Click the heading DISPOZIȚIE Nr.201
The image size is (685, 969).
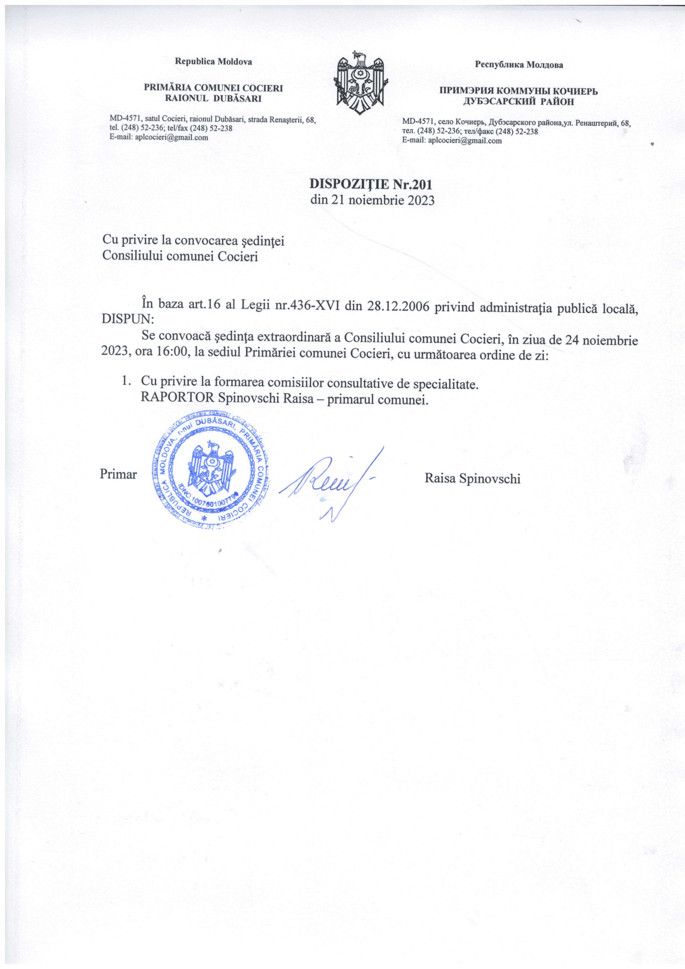pos(371,184)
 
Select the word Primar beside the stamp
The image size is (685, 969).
pos(118,474)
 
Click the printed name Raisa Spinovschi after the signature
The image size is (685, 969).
pos(473,478)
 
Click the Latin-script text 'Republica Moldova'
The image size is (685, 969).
pos(213,62)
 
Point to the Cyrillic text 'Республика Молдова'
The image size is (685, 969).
pos(519,65)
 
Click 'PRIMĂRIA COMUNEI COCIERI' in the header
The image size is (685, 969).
pos(213,88)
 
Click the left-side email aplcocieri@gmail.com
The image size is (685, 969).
pos(170,137)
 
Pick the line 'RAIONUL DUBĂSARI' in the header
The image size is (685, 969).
pos(213,99)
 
